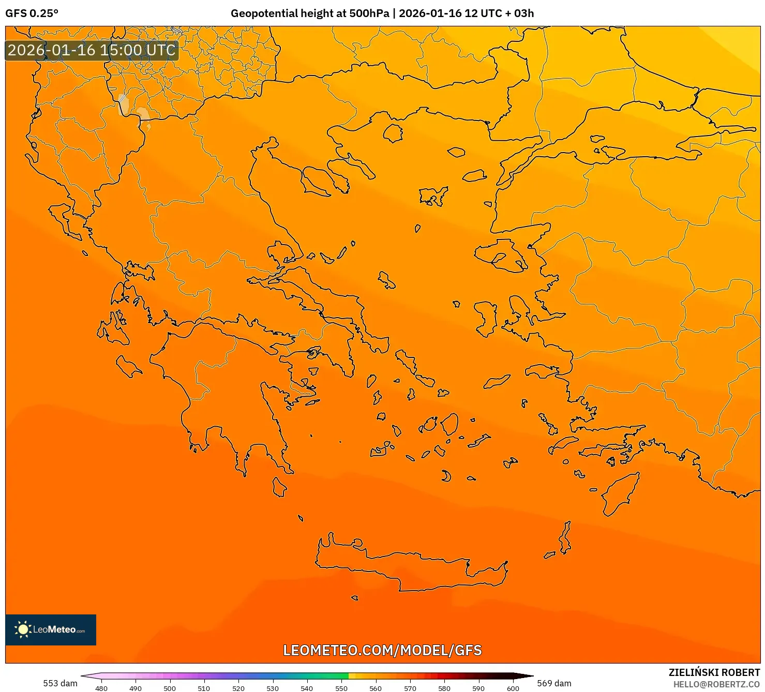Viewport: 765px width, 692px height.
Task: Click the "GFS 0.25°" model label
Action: coord(32,13)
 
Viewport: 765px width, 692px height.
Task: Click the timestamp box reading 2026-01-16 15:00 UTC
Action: coord(92,50)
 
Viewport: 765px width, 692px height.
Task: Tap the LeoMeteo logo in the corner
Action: coord(51,629)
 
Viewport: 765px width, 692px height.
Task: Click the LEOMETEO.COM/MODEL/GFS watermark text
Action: coord(382,650)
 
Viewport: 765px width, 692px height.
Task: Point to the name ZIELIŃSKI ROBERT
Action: coord(714,672)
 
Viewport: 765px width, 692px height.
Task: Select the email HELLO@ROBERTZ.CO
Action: coord(716,684)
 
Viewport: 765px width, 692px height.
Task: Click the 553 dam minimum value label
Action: coord(60,683)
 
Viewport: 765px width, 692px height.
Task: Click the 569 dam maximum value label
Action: coord(554,683)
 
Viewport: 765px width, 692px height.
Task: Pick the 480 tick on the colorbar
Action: coord(101,688)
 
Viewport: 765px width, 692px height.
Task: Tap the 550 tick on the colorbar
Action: coord(341,688)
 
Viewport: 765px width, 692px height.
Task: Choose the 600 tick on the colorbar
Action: coord(513,688)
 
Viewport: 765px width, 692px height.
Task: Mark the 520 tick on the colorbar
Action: coord(238,688)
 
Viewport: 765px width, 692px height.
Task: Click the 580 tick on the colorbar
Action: coord(444,688)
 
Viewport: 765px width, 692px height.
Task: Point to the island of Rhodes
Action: coord(620,492)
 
